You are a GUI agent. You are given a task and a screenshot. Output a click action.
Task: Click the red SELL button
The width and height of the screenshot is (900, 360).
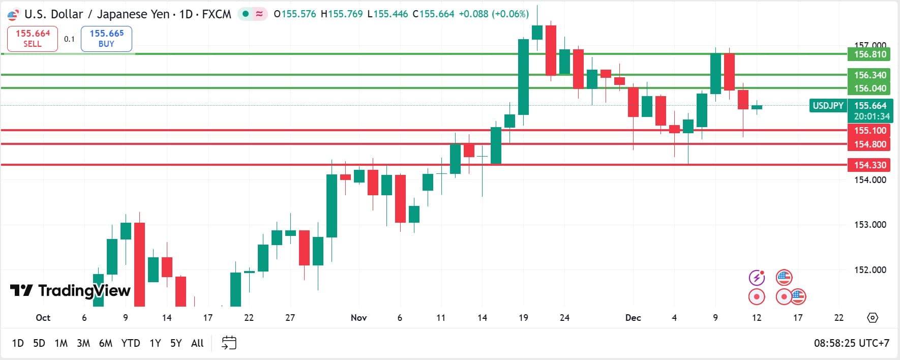coord(33,39)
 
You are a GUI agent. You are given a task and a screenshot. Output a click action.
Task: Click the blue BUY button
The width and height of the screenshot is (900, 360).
coord(106,39)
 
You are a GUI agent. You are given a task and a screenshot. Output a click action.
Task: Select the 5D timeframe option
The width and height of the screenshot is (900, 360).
coord(39,343)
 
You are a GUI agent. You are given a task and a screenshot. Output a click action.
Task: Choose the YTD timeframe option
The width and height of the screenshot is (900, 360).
coord(131,343)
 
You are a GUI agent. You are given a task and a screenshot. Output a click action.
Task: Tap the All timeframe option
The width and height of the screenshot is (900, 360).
coord(197,343)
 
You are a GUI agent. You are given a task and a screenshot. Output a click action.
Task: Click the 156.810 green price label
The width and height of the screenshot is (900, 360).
coord(869,54)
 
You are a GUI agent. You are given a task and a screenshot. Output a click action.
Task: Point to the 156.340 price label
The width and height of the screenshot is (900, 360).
coord(869,75)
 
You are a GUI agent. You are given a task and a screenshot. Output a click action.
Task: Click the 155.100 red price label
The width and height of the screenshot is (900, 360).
coord(869,131)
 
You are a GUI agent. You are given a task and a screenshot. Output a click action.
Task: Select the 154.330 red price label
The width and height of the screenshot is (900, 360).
coord(869,165)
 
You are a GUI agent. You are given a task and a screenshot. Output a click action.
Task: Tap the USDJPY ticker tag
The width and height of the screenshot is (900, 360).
coord(828,106)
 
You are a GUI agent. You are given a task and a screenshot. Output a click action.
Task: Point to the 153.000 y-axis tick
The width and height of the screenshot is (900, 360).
coord(869,225)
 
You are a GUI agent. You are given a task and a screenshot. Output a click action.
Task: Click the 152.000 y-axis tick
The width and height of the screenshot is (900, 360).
coord(869,270)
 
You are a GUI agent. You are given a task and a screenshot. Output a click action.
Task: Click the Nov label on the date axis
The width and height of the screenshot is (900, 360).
coord(358,318)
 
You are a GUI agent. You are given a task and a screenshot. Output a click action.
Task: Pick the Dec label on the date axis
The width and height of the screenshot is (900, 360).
coord(633,318)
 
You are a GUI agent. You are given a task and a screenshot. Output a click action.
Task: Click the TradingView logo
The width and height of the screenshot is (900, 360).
coord(70,291)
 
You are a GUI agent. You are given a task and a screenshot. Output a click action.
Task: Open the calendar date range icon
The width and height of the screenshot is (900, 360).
coord(229,343)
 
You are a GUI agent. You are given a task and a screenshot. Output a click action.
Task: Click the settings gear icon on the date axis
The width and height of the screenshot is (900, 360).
coord(873,318)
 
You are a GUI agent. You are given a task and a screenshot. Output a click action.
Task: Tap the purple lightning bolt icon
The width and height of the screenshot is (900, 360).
coord(757,278)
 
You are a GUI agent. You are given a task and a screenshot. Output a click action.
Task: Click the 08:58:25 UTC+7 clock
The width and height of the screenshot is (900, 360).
coord(851,343)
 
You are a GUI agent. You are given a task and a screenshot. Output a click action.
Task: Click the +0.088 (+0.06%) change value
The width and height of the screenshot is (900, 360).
coord(494,14)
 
